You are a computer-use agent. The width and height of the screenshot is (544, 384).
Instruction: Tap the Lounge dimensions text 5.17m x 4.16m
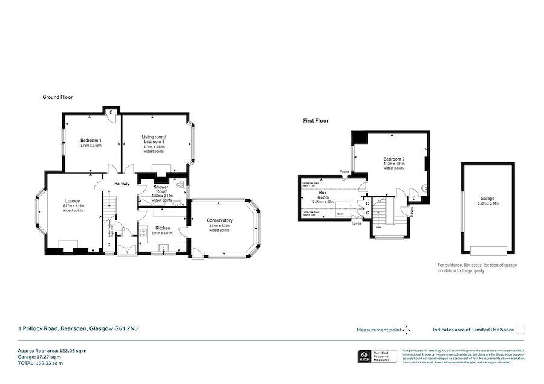coord(73,206)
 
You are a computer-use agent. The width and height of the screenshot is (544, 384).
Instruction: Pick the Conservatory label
coord(219,220)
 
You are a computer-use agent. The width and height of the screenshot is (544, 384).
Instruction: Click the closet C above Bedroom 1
coord(111,113)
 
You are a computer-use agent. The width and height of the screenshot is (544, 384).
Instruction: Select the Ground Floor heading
coord(57,97)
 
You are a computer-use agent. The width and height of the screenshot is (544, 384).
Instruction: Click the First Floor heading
coord(316,121)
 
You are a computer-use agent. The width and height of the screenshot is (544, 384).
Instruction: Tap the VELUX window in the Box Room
coord(340,213)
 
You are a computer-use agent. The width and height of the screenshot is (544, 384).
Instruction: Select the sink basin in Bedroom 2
coord(426,187)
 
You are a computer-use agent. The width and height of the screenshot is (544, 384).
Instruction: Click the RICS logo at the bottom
coord(365,357)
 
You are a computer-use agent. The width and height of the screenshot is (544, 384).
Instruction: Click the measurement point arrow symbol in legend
coord(407,330)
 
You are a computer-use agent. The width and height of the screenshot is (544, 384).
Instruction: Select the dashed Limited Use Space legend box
coord(520,329)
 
